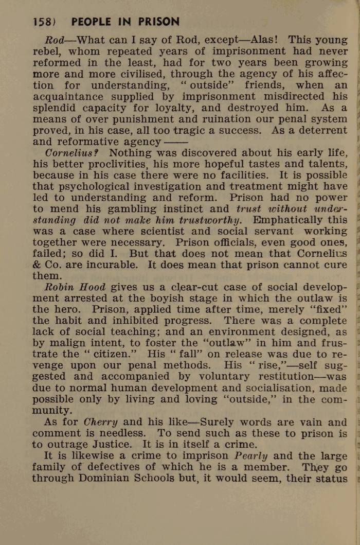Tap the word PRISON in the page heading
click(x=154, y=22)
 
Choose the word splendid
click(x=57, y=108)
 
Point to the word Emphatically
click(x=288, y=220)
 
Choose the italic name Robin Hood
click(x=75, y=287)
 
